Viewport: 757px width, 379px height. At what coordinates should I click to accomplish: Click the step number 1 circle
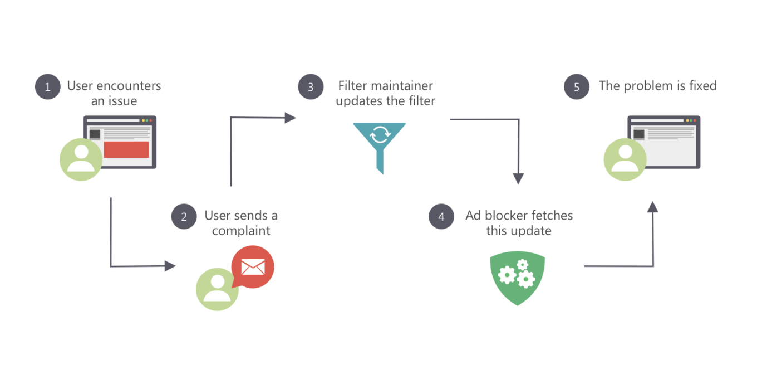[x=47, y=87]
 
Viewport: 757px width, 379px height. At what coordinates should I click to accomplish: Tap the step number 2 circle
[x=184, y=216]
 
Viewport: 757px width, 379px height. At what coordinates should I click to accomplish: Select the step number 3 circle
[x=311, y=87]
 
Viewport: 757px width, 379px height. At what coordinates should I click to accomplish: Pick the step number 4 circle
[x=441, y=216]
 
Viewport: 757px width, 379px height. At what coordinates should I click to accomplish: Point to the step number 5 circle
[x=576, y=87]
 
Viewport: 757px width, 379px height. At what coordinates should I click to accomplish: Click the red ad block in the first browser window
[x=126, y=149]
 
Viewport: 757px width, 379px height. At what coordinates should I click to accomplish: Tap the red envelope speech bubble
[x=253, y=267]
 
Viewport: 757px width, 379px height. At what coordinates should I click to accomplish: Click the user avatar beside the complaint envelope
[x=217, y=289]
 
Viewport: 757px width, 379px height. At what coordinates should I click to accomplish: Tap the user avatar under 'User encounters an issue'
[x=81, y=159]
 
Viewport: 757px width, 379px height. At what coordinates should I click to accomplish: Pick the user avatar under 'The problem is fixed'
[x=625, y=159]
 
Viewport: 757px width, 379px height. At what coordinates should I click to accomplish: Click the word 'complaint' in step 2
[x=241, y=231]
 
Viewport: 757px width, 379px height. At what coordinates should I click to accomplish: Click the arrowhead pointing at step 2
[x=170, y=266]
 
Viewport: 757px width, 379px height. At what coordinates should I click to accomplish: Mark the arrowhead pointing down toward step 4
[x=518, y=178]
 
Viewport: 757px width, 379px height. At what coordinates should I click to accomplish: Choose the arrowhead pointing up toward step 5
[x=652, y=207]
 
